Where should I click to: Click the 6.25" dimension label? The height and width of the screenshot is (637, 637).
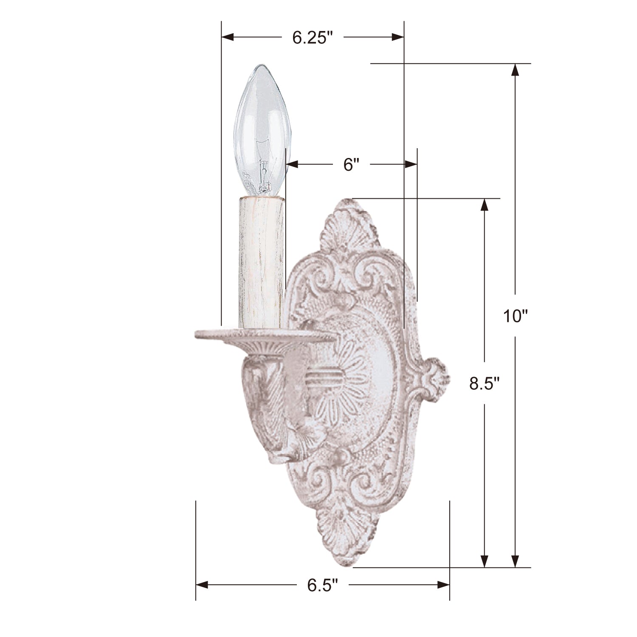tap(312, 38)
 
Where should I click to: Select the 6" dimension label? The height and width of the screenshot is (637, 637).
tap(352, 164)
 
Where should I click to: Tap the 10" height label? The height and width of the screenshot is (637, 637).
tap(515, 316)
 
